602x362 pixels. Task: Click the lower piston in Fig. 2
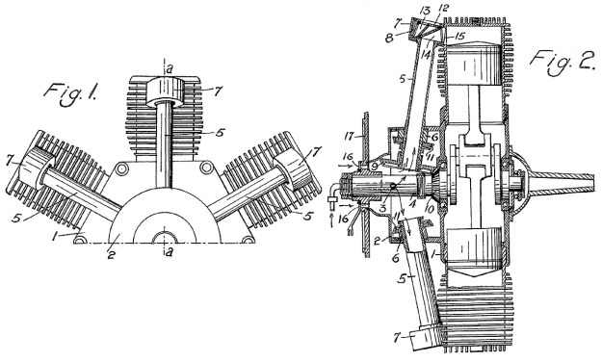[x=483, y=255]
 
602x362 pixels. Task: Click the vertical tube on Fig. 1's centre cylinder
[x=168, y=144]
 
